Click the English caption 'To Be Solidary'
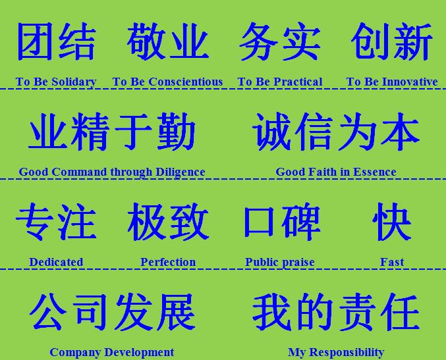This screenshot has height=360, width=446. click(x=56, y=82)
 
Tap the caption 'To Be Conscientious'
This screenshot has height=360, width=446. click(x=167, y=82)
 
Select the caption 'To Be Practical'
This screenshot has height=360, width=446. click(x=280, y=82)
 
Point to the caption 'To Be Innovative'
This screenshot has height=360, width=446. click(x=392, y=82)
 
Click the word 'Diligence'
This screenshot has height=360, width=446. click(x=181, y=172)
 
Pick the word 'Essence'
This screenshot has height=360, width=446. click(x=375, y=172)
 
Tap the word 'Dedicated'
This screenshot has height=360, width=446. click(x=56, y=262)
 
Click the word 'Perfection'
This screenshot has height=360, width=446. click(x=168, y=262)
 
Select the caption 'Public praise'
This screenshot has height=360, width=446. click(x=280, y=263)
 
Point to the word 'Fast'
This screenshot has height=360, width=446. click(x=392, y=262)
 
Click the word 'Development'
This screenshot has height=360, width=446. click(x=139, y=353)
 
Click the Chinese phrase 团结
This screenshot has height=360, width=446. click(x=56, y=41)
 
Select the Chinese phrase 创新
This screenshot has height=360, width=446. click(x=392, y=41)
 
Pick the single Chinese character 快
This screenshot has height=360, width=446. click(x=392, y=222)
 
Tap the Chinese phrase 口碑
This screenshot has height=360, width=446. click(x=282, y=222)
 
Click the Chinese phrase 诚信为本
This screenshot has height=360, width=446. click(x=336, y=132)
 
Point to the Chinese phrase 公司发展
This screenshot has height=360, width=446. click(x=113, y=312)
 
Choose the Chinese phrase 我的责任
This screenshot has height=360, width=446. click(x=336, y=312)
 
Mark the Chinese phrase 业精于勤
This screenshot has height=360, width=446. click(x=112, y=132)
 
